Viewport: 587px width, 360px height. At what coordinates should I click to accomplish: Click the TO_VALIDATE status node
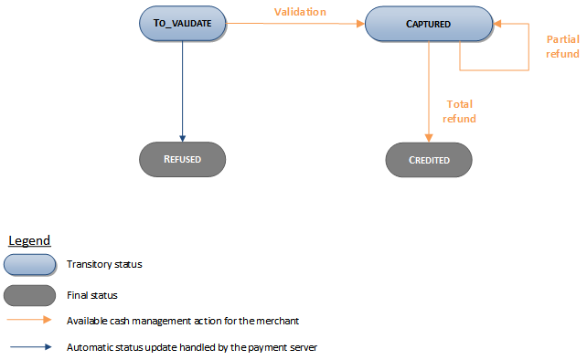coord(183,25)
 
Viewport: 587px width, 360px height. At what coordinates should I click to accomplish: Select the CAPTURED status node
coord(429,25)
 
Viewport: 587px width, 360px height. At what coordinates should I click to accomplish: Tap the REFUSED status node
coord(183,159)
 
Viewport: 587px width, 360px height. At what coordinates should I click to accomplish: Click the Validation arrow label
coord(300,13)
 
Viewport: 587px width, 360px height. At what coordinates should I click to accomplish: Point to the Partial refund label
coord(562,47)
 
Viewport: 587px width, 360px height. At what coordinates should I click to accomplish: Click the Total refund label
coord(459,111)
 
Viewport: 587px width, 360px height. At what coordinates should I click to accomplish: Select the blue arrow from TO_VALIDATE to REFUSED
coord(183,91)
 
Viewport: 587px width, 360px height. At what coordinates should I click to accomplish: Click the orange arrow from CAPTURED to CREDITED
coord(429,91)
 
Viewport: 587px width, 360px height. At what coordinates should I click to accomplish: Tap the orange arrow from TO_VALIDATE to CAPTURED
coord(293,25)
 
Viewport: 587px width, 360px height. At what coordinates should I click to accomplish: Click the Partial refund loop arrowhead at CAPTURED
coord(497,25)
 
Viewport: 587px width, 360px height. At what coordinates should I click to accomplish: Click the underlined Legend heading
coord(29,240)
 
